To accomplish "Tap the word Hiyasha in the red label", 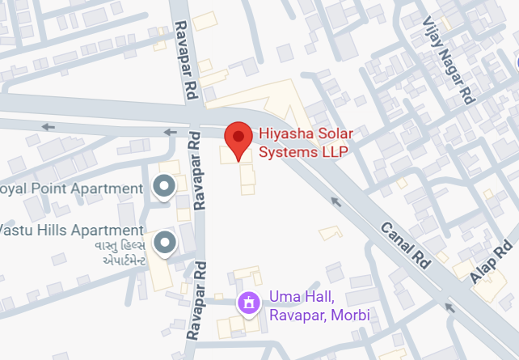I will tap(282, 134).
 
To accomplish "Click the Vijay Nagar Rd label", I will tap(445, 58).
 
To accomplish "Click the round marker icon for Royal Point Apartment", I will tap(165, 188).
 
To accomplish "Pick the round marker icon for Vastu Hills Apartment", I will tap(165, 241).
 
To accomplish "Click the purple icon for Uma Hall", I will tap(248, 304).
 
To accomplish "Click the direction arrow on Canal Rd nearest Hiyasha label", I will tap(335, 199).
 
